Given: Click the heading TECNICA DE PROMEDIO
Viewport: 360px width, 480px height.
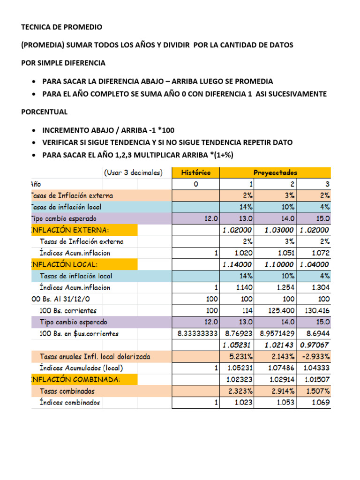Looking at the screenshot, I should (x=62, y=27).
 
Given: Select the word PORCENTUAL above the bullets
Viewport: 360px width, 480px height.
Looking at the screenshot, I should (x=45, y=112).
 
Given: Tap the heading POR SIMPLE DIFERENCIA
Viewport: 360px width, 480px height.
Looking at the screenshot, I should (x=63, y=63).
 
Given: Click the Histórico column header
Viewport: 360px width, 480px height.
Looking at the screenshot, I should (x=195, y=172).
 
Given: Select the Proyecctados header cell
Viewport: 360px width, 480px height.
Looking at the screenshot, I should (x=275, y=172).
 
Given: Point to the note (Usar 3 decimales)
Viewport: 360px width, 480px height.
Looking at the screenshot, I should (x=133, y=172).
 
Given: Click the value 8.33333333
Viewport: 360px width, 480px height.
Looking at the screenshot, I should (x=198, y=334).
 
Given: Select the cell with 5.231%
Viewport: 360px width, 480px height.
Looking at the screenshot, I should (x=241, y=357).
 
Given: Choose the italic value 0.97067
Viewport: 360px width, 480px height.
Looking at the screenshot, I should (x=315, y=345).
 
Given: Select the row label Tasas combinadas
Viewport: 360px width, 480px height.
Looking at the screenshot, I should (x=67, y=391).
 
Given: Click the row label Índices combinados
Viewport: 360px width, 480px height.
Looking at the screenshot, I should (x=70, y=403).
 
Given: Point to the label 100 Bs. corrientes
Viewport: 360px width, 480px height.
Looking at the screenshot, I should (x=68, y=311).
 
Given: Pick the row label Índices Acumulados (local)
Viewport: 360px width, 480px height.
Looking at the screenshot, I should (x=81, y=368).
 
